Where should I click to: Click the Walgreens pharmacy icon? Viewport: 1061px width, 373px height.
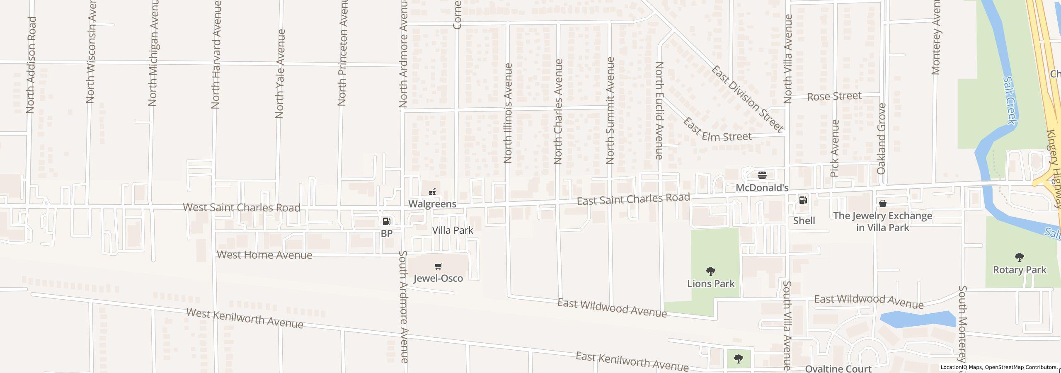[432, 192]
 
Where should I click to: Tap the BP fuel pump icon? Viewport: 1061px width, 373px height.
[386, 221]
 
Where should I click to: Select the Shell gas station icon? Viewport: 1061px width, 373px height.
[803, 201]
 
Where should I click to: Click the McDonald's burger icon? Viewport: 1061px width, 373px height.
[762, 175]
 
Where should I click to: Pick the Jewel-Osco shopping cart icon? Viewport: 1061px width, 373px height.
[438, 266]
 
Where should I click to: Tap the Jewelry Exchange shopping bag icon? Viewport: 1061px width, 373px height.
[883, 203]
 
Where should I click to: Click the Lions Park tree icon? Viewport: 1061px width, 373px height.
[711, 272]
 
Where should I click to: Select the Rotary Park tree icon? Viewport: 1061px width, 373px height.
[1020, 258]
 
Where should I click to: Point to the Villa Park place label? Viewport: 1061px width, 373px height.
[453, 230]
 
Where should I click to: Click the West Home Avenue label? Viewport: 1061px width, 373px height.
[264, 255]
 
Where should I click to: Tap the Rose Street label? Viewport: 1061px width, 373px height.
[834, 96]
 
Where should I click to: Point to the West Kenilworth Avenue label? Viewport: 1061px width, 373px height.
[245, 318]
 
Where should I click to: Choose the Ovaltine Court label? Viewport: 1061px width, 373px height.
[838, 368]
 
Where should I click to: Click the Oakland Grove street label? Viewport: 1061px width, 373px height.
[881, 139]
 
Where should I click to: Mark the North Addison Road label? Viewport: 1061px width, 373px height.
[31, 65]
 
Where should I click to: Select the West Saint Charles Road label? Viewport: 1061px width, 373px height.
[242, 207]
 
